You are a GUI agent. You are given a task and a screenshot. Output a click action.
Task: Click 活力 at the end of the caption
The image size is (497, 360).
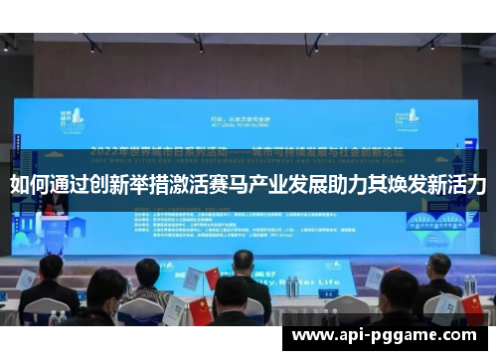click(467, 184)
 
